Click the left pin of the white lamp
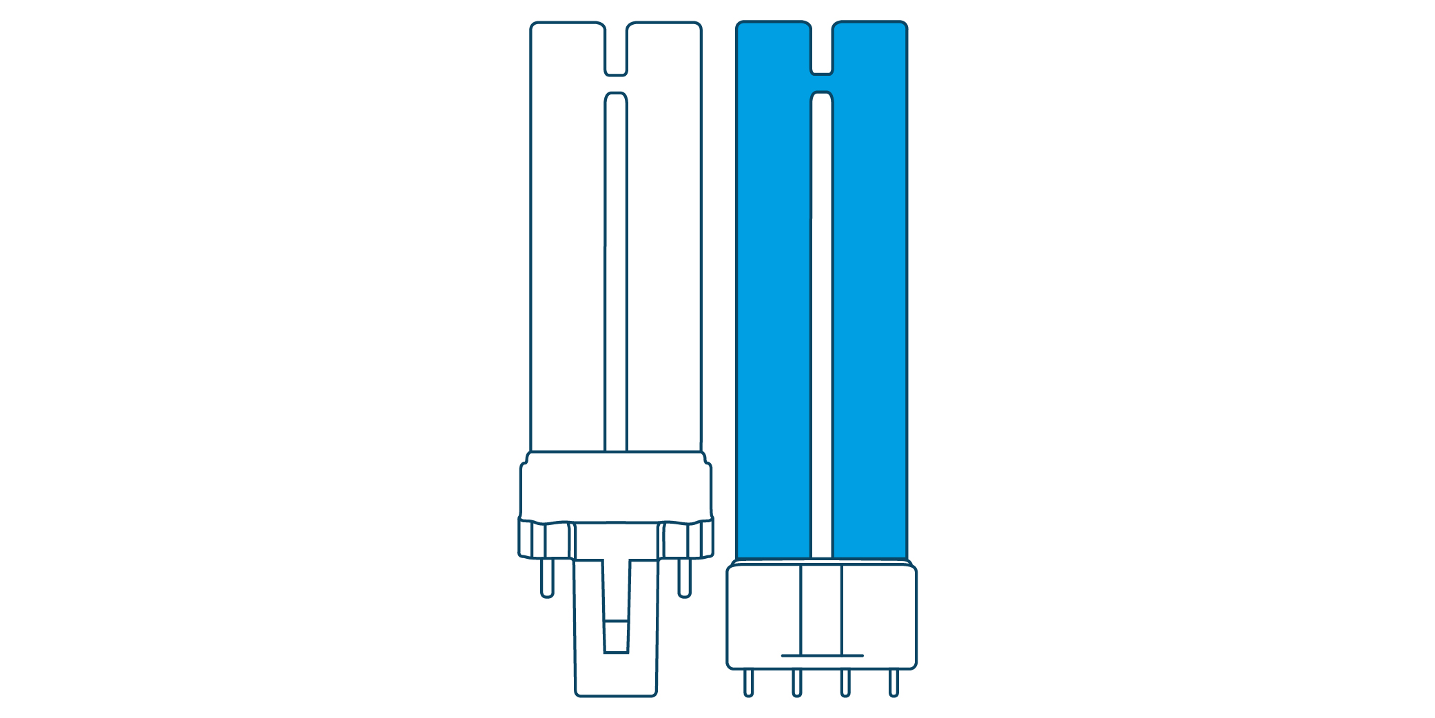(x=547, y=577)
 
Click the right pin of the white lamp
(x=684, y=577)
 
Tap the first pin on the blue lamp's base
(x=748, y=683)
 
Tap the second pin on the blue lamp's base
(x=796, y=683)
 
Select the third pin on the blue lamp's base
(x=845, y=683)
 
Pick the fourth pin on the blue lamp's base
(x=894, y=683)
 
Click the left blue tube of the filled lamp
(x=773, y=310)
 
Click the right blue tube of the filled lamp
(x=869, y=310)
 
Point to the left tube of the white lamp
(x=567, y=276)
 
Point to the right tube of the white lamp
(x=664, y=276)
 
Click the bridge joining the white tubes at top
(x=616, y=83)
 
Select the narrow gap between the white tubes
(x=616, y=276)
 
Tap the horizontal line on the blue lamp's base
(x=822, y=655)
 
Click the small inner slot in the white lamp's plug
(x=616, y=636)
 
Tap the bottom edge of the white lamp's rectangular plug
(x=616, y=695)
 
